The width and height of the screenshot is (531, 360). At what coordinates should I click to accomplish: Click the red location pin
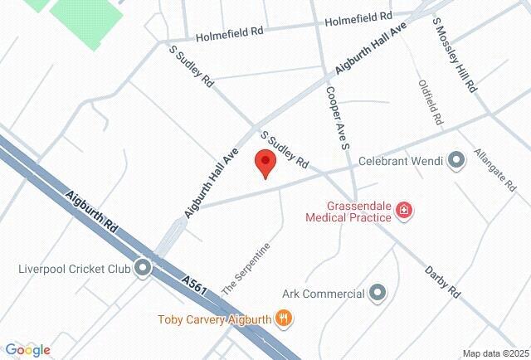[x=265, y=163]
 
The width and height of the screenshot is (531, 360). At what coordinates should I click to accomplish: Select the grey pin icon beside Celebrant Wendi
[x=455, y=160]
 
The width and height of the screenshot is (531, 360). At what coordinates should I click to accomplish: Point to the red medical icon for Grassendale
[x=405, y=211]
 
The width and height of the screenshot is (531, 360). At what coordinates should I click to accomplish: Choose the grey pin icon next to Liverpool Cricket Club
[x=144, y=268]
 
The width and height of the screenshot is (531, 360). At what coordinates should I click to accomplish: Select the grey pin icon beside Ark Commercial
[x=378, y=293]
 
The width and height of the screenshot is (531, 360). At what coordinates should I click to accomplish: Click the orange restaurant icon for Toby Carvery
[x=284, y=317]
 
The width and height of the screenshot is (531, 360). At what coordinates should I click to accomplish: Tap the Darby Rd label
[x=442, y=282]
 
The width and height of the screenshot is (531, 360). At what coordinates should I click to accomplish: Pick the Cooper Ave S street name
[x=335, y=118]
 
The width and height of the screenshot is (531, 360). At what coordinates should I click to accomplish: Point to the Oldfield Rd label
[x=430, y=102]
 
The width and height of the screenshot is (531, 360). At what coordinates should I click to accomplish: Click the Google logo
[x=27, y=350]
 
